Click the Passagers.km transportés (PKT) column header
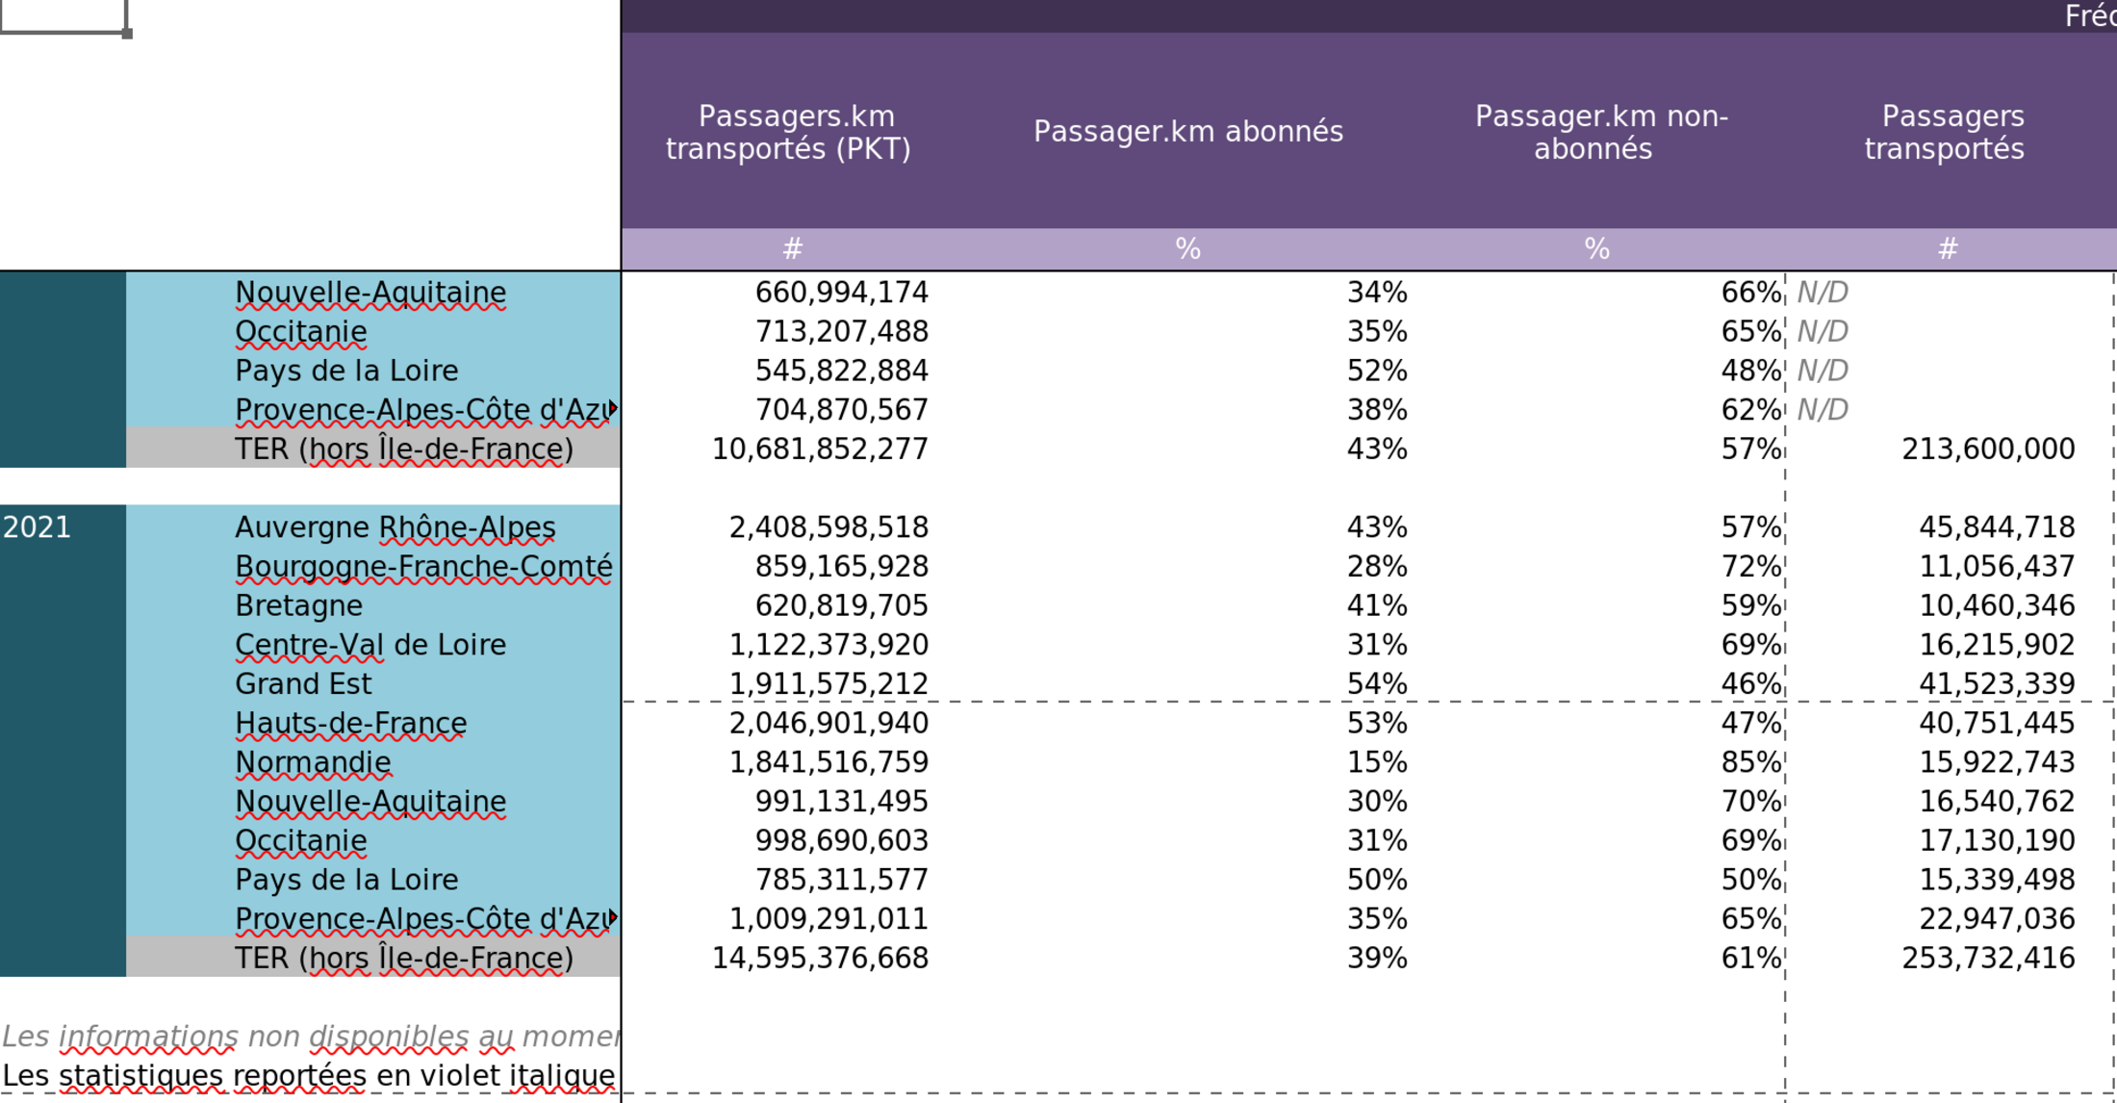(789, 132)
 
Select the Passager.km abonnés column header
(1188, 132)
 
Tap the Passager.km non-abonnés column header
(1597, 132)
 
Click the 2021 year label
(38, 527)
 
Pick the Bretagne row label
(299, 605)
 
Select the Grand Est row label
(303, 683)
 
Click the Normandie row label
(314, 762)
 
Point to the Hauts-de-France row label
(351, 723)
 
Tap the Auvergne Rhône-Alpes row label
(395, 527)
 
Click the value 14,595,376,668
(820, 958)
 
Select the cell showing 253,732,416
(1988, 958)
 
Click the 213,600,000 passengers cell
(1988, 449)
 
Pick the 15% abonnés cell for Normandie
(1377, 762)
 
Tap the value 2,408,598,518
(829, 527)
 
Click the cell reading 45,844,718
(1997, 527)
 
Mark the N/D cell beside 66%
(1823, 293)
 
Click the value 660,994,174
(841, 293)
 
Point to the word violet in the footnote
(462, 1075)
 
